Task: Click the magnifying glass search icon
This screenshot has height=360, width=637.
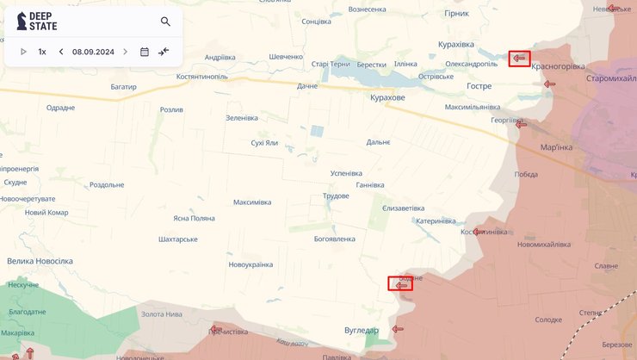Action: click(165, 22)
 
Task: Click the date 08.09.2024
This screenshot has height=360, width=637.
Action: click(92, 52)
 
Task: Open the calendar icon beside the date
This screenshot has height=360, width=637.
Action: click(145, 52)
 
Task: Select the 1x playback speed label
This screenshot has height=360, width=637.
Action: click(42, 52)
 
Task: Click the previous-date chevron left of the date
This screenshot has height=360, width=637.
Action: click(61, 52)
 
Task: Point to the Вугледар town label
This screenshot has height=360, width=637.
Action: click(361, 330)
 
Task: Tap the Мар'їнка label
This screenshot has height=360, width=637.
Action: click(556, 147)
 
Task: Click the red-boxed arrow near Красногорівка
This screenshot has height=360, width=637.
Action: click(519, 59)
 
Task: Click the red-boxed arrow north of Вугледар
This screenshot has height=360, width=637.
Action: click(400, 283)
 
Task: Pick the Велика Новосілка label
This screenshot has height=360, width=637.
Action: click(40, 260)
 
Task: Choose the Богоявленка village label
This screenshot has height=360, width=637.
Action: click(335, 239)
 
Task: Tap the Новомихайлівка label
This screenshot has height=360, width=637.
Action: click(543, 245)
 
